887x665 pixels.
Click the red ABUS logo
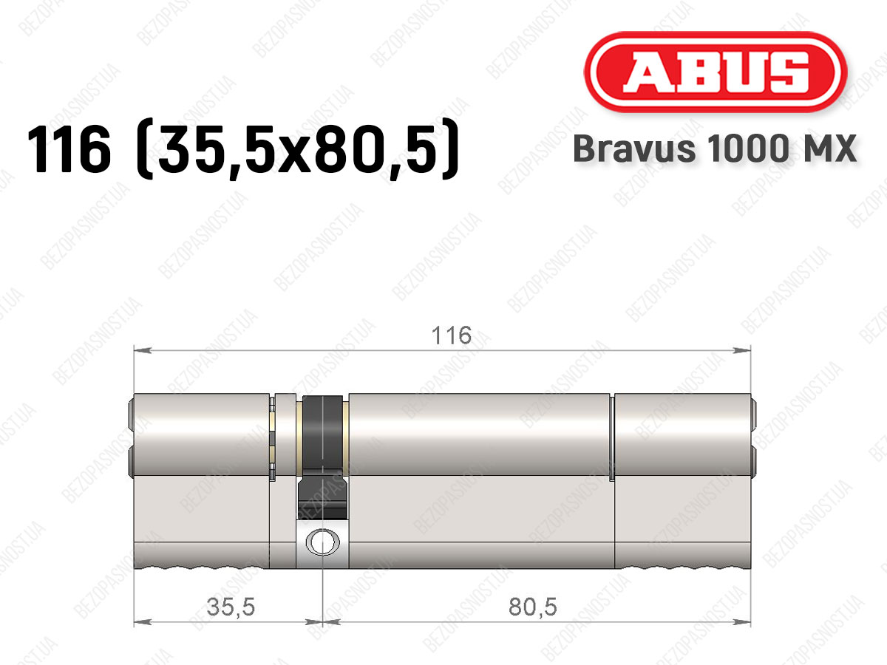716,72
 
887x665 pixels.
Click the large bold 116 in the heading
69,149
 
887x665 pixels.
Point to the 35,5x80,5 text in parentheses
298,149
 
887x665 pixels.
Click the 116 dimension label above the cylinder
452,335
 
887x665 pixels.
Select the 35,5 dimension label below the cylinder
231,607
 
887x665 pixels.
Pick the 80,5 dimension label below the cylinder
533,607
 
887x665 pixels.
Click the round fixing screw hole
323,542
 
